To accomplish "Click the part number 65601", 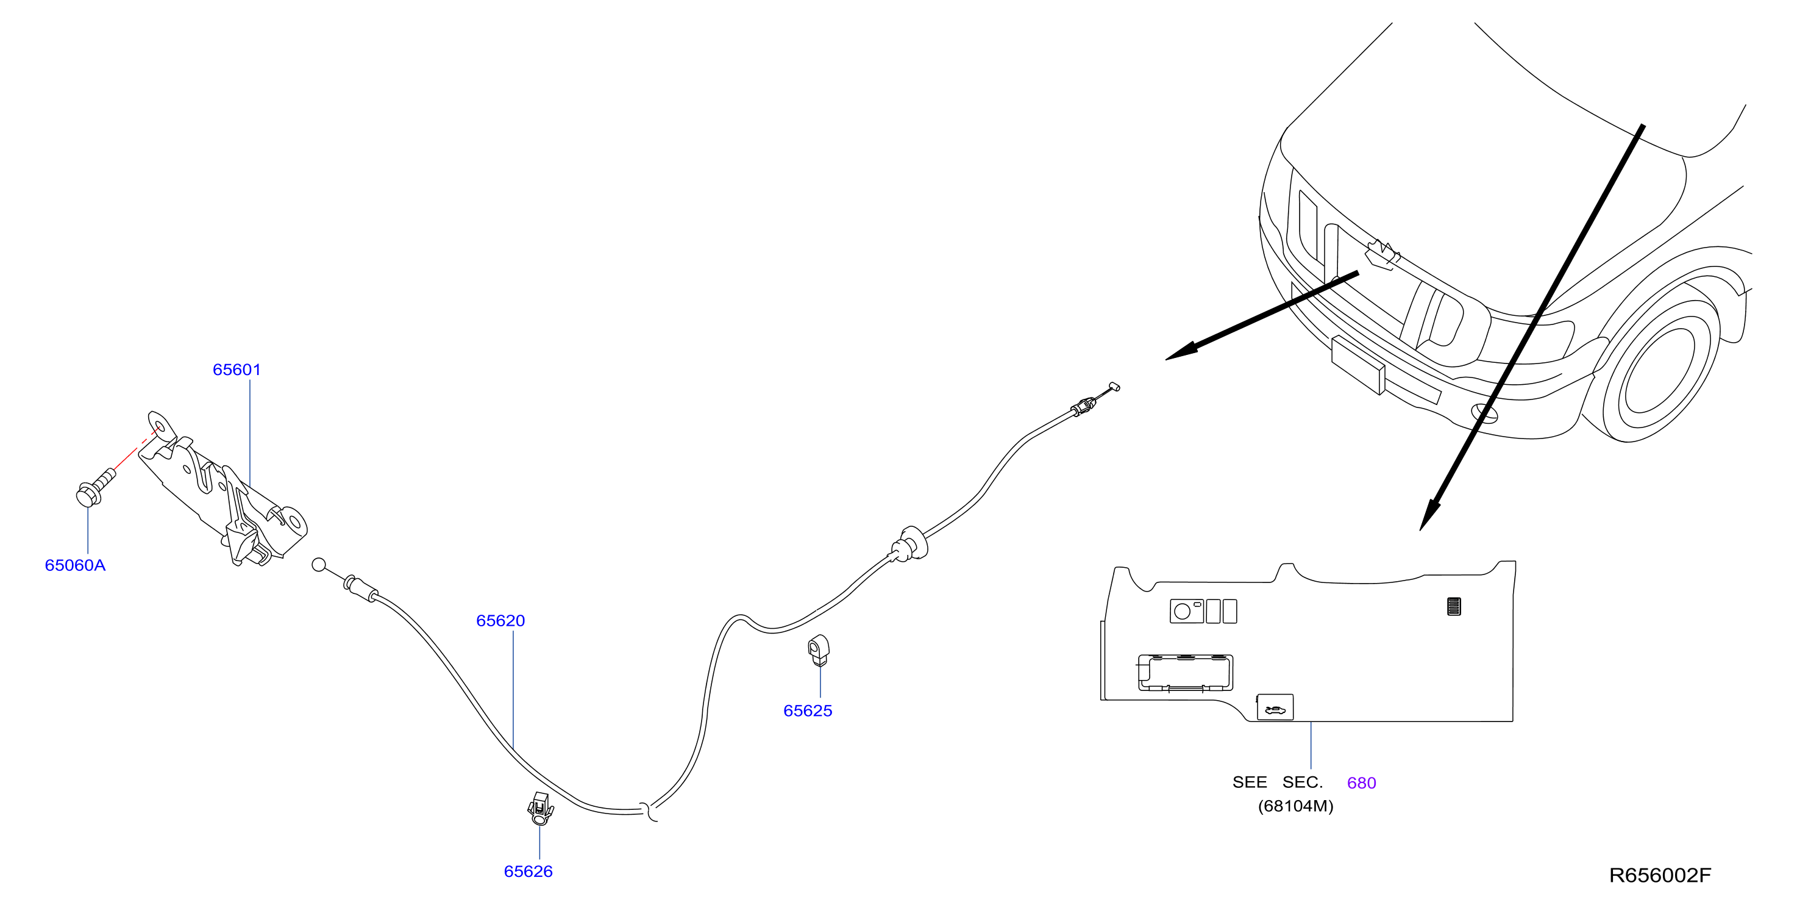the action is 237,370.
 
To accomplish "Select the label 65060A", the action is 76,565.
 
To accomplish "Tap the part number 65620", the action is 500,620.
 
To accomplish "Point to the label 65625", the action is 808,710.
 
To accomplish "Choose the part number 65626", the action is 528,871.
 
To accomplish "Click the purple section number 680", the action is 1361,783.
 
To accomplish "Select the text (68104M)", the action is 1295,806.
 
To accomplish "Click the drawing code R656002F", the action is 1660,875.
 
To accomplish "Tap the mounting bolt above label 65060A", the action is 95,486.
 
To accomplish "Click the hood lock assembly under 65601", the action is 223,488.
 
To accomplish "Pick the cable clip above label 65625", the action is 819,650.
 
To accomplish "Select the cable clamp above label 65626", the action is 540,809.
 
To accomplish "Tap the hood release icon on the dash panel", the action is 1275,707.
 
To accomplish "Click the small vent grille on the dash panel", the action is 1454,606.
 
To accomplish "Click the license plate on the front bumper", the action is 1358,364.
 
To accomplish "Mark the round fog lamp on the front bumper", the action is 1484,413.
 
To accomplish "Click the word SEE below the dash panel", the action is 1250,782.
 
